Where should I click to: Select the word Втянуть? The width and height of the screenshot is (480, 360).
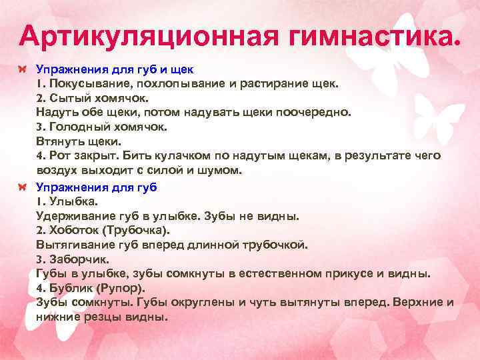(59, 141)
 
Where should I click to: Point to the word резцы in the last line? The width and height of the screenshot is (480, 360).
(106, 318)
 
